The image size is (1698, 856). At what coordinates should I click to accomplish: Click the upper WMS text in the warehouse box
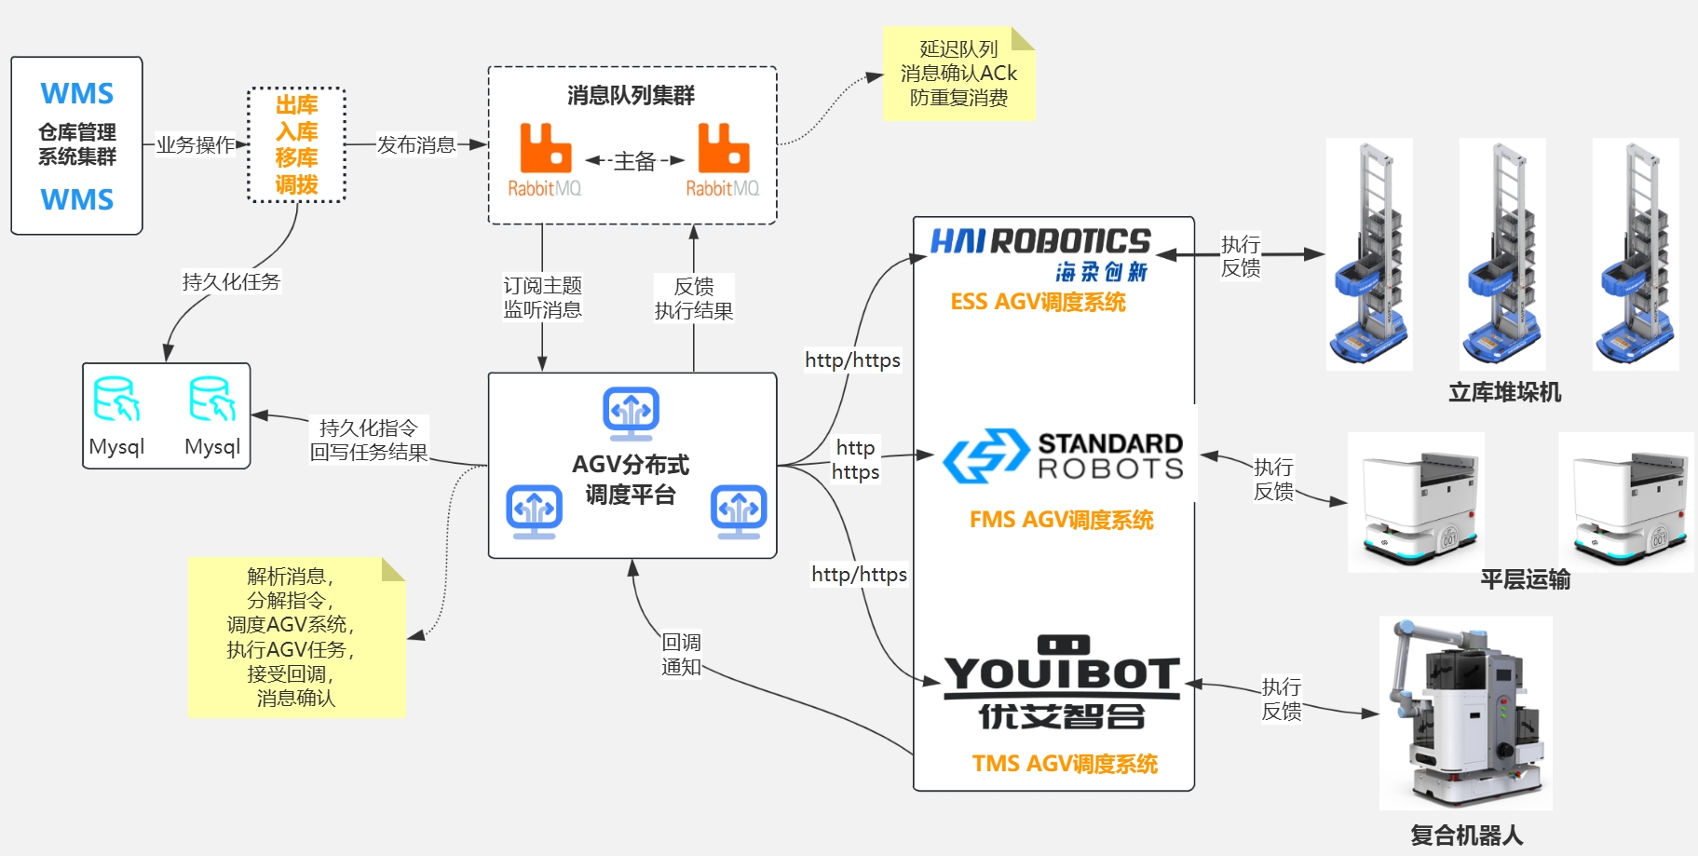[76, 94]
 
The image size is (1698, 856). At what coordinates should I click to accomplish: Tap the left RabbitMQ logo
[545, 159]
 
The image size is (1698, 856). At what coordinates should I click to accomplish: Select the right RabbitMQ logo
[723, 159]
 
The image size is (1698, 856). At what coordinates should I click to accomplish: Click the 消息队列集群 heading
[632, 95]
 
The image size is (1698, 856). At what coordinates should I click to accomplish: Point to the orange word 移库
[296, 157]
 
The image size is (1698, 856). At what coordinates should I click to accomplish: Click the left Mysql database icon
[116, 401]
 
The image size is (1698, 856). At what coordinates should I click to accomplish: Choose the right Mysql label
[212, 447]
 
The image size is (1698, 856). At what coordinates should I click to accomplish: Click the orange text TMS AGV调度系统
[1065, 764]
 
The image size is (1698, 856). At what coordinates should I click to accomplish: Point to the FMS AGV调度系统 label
[1061, 520]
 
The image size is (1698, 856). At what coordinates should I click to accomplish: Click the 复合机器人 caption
[1466, 835]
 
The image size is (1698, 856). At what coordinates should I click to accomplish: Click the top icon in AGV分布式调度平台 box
[632, 412]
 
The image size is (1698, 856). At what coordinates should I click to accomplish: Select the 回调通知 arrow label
[681, 655]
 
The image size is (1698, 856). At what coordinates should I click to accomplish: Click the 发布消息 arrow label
[416, 144]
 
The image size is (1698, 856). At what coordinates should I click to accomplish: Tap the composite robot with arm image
[1465, 713]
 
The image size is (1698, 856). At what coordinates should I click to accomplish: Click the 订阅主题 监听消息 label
[542, 297]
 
